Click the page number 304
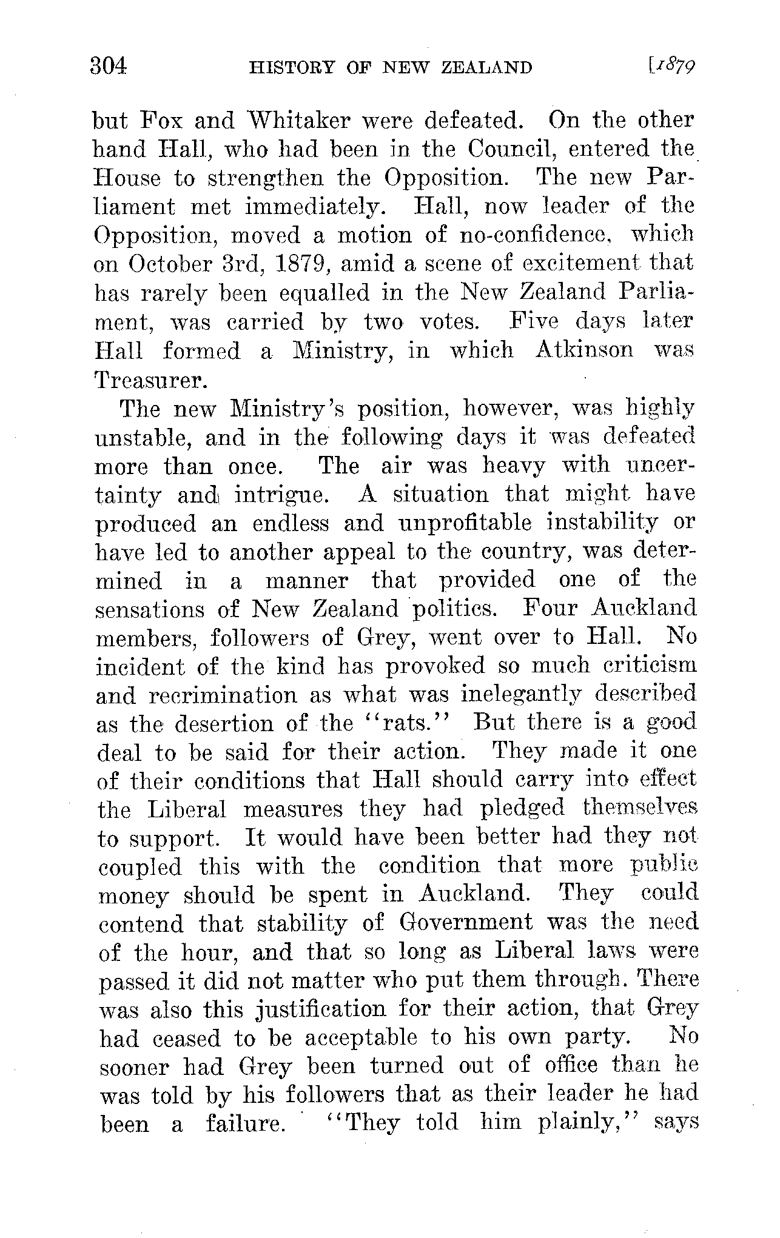(x=109, y=65)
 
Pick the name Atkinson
(x=583, y=350)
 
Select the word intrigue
(x=282, y=495)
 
